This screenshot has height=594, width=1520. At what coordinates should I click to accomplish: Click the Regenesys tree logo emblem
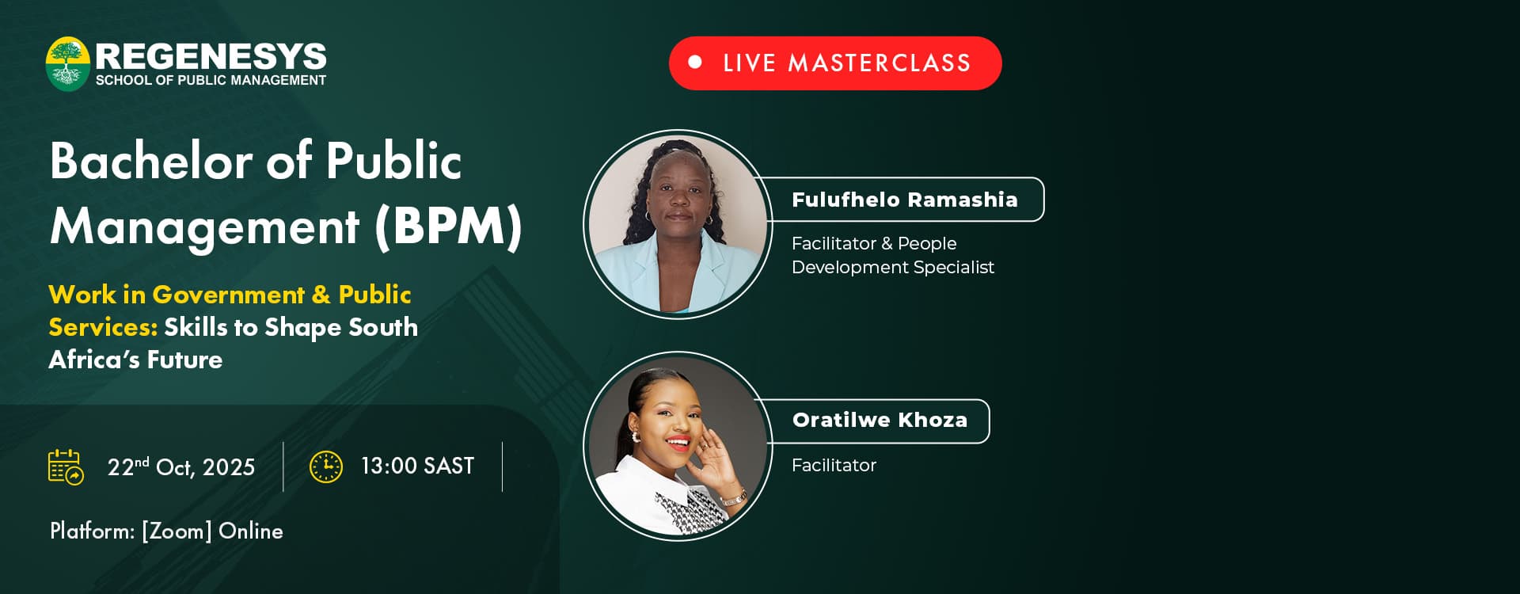tap(67, 64)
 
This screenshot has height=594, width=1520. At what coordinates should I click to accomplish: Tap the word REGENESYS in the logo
tap(211, 56)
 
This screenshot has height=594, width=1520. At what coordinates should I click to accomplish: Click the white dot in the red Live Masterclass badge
tap(695, 62)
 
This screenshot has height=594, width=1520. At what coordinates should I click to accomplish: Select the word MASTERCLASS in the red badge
tap(879, 63)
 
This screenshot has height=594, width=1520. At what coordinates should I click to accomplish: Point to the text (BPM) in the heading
tap(448, 227)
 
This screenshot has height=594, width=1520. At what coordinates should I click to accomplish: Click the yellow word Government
tap(229, 295)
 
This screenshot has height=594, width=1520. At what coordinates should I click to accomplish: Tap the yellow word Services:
tap(103, 327)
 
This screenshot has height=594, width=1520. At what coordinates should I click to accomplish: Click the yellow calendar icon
tap(66, 467)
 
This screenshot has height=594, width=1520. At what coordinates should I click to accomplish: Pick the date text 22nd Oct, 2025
tap(181, 467)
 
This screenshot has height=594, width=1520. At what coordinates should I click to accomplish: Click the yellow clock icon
tap(326, 466)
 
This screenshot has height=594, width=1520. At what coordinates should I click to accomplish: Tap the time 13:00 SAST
tap(417, 466)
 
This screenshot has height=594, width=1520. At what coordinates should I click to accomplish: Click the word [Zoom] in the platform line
tap(177, 531)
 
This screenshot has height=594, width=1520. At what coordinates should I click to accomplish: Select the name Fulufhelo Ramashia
tap(905, 200)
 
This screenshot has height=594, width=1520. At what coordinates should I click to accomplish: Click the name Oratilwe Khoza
tap(880, 420)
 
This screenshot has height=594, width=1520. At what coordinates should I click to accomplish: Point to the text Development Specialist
tap(893, 268)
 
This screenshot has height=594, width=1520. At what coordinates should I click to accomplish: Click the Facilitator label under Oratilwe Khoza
tap(834, 466)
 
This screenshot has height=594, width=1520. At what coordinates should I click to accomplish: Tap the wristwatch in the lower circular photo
tap(734, 499)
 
